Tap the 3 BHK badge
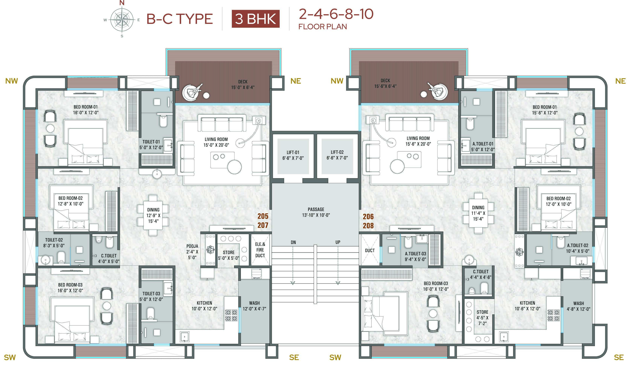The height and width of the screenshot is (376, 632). (255, 19)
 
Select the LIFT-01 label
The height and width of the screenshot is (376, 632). (293, 155)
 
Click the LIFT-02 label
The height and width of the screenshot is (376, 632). (337, 155)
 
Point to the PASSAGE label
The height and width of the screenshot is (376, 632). (316, 212)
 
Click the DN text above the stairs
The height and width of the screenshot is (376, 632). (293, 242)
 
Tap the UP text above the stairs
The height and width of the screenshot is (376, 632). (338, 242)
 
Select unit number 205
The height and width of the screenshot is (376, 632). (263, 216)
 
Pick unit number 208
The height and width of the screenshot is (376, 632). (368, 225)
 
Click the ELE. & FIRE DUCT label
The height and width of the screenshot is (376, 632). (260, 250)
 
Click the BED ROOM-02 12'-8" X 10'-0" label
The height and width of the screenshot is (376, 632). (70, 201)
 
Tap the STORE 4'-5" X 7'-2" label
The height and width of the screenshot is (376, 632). (482, 317)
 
